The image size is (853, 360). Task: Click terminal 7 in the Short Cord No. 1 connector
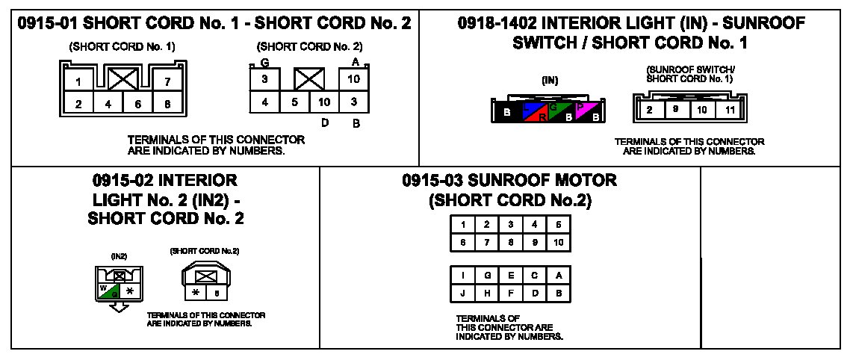click(x=167, y=81)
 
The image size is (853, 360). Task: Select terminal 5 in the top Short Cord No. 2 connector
click(x=294, y=102)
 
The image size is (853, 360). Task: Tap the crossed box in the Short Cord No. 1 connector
click(x=122, y=78)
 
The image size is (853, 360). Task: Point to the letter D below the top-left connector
click(x=326, y=122)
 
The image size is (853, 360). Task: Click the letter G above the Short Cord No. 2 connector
click(x=265, y=64)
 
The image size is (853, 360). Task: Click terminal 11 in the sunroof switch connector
click(x=729, y=111)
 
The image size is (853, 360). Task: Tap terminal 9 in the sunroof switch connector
click(x=675, y=111)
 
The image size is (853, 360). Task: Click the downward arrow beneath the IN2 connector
click(x=117, y=307)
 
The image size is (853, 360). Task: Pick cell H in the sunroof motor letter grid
click(x=486, y=293)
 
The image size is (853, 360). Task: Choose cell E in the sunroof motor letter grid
click(x=510, y=276)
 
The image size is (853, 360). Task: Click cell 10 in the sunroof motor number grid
click(x=558, y=242)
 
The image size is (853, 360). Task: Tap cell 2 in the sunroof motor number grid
click(x=486, y=224)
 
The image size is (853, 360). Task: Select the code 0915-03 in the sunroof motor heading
click(x=432, y=181)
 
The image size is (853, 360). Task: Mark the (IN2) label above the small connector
click(x=119, y=256)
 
